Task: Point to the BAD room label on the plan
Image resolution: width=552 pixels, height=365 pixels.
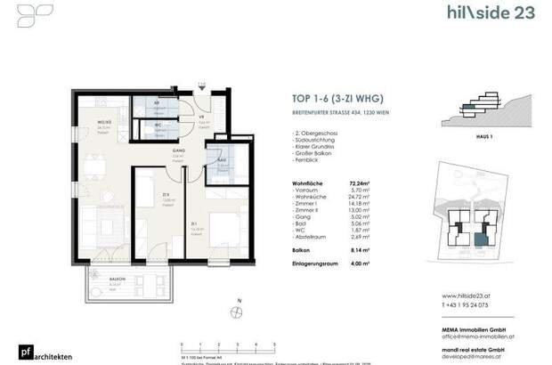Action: coord(221,159)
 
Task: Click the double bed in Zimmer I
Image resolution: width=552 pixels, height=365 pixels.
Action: coord(220,229)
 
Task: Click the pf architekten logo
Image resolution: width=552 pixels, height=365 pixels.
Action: coord(26,353)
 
